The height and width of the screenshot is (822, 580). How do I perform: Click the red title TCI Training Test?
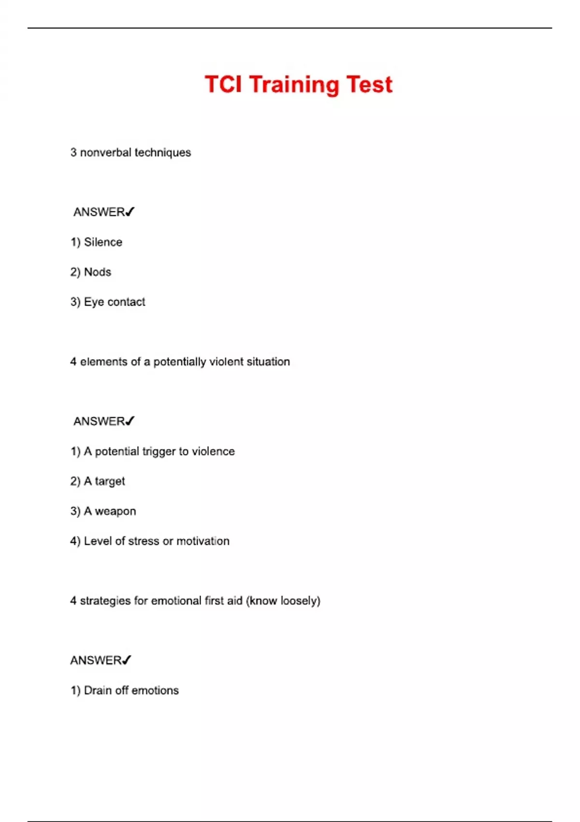click(x=298, y=85)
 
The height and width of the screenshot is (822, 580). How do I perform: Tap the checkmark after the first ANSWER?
click(x=130, y=212)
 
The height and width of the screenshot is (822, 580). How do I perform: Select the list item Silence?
click(x=102, y=242)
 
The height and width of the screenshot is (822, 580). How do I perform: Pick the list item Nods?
click(x=97, y=272)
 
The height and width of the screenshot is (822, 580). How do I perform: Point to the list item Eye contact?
click(x=114, y=302)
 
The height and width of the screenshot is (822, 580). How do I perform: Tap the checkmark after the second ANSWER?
click(x=130, y=421)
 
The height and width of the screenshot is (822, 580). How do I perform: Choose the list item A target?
click(x=104, y=482)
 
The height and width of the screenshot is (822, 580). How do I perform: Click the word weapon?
click(x=115, y=512)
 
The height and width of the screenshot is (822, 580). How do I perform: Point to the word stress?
click(x=144, y=541)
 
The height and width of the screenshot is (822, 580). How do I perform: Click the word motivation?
click(x=203, y=541)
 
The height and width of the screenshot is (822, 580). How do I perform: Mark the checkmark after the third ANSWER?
click(x=127, y=660)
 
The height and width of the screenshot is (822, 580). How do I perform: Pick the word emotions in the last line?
click(x=155, y=690)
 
